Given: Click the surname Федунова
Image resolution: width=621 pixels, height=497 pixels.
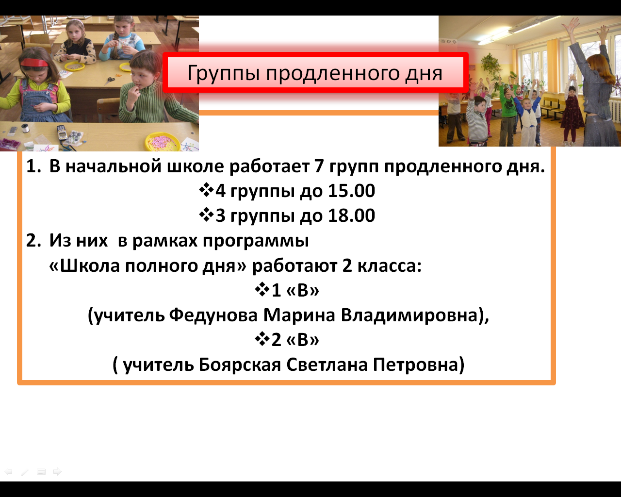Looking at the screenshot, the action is click(213, 315).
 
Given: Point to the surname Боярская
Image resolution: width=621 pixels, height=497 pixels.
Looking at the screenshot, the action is click(240, 364).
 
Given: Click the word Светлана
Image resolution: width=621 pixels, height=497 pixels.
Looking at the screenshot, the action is click(327, 364).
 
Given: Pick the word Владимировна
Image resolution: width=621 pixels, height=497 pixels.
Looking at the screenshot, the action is click(409, 315).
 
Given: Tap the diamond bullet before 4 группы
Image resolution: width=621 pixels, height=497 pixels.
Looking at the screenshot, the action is click(206, 190).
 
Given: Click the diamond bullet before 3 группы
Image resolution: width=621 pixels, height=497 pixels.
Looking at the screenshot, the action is click(206, 215).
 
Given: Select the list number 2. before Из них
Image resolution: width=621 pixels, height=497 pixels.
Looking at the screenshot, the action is click(33, 240).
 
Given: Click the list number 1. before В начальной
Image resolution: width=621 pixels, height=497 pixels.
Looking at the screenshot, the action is click(33, 166).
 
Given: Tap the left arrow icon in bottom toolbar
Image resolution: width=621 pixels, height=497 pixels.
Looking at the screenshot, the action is click(8, 472).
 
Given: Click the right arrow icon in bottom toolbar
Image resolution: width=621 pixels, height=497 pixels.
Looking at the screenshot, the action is click(57, 472).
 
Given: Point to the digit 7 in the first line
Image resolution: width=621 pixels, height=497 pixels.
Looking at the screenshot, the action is click(319, 166).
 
